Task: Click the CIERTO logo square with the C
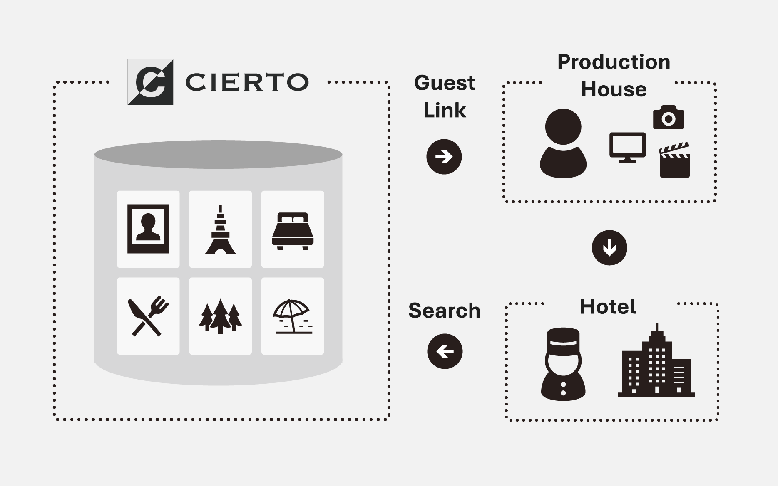(x=150, y=82)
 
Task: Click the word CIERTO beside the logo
(x=247, y=82)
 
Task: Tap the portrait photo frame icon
(x=148, y=229)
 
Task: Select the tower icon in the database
(x=220, y=229)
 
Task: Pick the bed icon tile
(x=293, y=231)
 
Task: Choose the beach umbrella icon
(x=292, y=316)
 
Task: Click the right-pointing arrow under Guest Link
(x=444, y=157)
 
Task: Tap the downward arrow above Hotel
(x=609, y=248)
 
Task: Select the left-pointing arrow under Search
(x=445, y=351)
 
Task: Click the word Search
(x=444, y=311)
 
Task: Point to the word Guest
(x=444, y=83)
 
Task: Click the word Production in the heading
(x=614, y=62)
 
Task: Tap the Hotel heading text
(x=608, y=307)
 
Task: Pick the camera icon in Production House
(x=668, y=118)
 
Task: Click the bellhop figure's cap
(x=563, y=339)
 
